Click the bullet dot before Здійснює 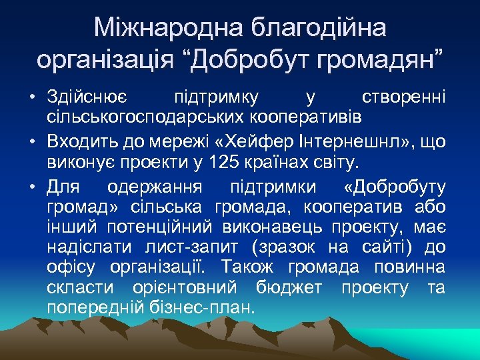click(32, 99)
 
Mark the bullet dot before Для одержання click(32, 185)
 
